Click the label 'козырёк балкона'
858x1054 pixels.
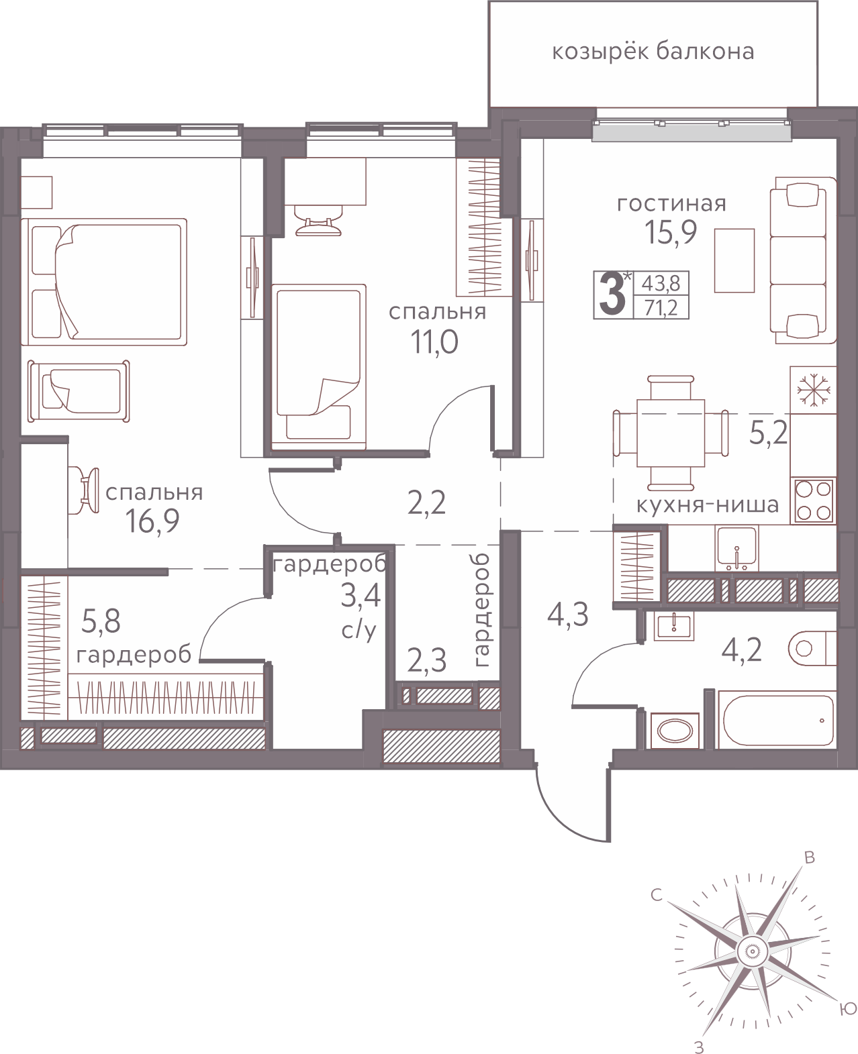coord(653,52)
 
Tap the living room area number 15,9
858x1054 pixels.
coord(671,233)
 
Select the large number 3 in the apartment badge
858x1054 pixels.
coord(612,295)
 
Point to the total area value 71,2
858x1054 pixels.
coord(661,308)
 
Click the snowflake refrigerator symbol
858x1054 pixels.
coord(813,390)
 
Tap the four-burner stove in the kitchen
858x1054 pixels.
coord(814,500)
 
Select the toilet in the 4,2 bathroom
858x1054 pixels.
coord(812,647)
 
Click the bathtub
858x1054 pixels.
coord(777,719)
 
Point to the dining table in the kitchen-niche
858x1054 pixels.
coord(671,433)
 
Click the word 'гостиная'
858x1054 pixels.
coord(671,203)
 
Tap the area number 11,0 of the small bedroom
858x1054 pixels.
coord(434,342)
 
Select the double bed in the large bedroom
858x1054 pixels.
coord(104,282)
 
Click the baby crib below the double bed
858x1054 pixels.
coord(79,391)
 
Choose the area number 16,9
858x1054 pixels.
coord(152,521)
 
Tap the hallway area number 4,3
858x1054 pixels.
coord(568,615)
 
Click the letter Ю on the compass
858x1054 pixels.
coord(848,1010)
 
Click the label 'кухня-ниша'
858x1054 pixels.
coord(708,505)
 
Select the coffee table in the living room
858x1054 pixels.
coord(734,260)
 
